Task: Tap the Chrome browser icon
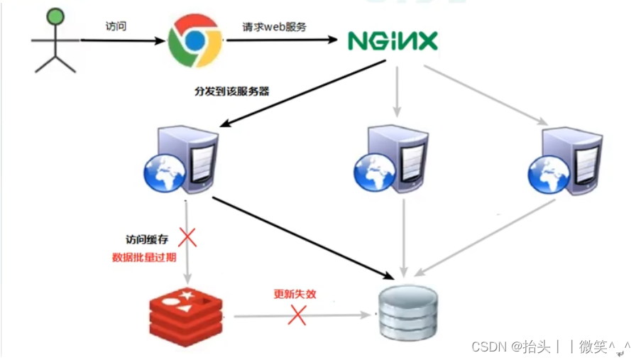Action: [195, 40]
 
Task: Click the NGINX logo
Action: [393, 40]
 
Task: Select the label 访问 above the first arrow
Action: [116, 27]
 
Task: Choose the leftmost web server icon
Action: [181, 160]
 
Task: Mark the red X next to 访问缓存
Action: [187, 237]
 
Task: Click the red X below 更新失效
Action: [297, 315]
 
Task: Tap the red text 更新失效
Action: [295, 293]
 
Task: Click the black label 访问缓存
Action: [146, 241]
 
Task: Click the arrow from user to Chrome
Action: [121, 40]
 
